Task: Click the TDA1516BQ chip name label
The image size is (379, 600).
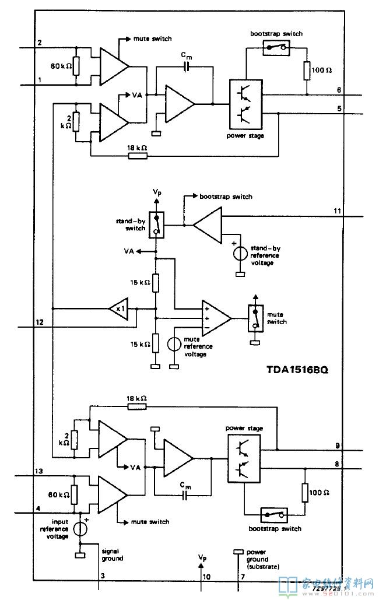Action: tap(296, 370)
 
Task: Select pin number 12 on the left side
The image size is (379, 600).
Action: tap(39, 322)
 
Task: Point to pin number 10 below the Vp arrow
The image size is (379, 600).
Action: tap(206, 576)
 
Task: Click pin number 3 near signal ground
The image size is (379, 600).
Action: tap(103, 576)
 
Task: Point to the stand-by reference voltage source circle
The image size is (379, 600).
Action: tap(239, 254)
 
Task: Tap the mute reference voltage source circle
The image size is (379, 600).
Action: tap(174, 344)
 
